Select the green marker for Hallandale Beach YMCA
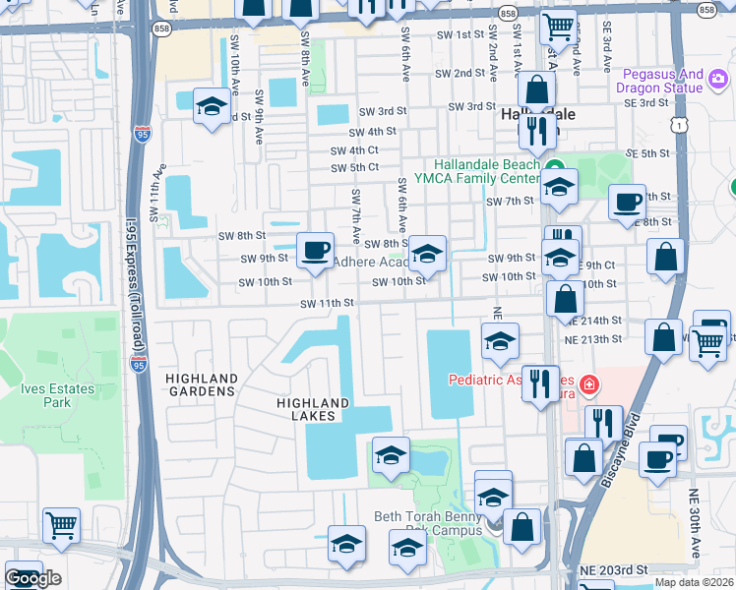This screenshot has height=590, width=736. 555,166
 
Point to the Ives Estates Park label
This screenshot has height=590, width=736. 58,395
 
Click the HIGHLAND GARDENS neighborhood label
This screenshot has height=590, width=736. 201,384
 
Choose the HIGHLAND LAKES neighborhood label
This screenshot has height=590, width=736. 313,409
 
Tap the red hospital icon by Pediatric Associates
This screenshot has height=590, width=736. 588,383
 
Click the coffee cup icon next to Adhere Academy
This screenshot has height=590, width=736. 315,250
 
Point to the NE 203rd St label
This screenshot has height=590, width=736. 614,570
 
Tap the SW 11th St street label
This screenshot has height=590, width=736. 327,304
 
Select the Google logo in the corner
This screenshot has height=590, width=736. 32,578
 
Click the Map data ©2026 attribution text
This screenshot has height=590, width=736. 694,582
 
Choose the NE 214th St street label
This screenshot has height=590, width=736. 593,321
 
